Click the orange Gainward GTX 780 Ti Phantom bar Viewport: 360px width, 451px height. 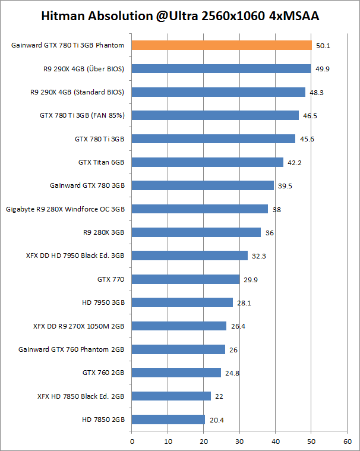(221, 45)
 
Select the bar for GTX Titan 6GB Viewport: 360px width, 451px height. (207, 162)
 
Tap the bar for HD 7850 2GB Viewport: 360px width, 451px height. (168, 420)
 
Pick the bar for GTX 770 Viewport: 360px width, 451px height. (185, 279)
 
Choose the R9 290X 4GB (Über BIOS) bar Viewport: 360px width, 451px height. (221, 68)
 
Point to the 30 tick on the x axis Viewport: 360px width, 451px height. (239, 441)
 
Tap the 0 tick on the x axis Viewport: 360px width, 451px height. (132, 441)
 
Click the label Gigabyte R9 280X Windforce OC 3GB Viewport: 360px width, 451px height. (65, 209)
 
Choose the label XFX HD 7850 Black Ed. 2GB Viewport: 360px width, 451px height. (81, 396)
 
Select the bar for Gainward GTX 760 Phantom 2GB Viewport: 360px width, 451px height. (178, 349)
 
